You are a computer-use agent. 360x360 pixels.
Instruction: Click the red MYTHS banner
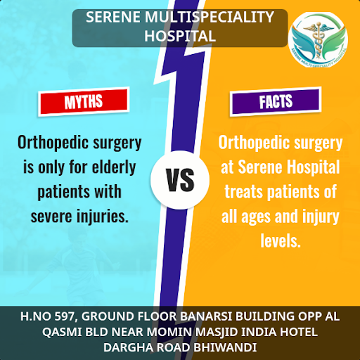(x=84, y=102)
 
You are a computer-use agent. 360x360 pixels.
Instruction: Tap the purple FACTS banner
(x=276, y=102)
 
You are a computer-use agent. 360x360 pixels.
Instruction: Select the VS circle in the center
(x=180, y=180)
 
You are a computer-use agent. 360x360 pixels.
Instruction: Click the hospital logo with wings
(x=319, y=40)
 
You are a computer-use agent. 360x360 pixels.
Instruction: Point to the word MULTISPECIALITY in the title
(x=210, y=17)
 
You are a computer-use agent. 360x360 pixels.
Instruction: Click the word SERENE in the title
(x=113, y=17)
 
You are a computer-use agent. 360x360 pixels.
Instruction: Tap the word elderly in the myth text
(x=114, y=167)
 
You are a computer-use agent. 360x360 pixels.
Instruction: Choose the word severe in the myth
(x=51, y=217)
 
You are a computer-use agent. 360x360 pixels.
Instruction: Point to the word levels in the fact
(x=281, y=240)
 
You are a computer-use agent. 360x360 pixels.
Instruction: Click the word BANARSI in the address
(x=206, y=316)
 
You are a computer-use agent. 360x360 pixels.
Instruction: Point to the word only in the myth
(x=51, y=168)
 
